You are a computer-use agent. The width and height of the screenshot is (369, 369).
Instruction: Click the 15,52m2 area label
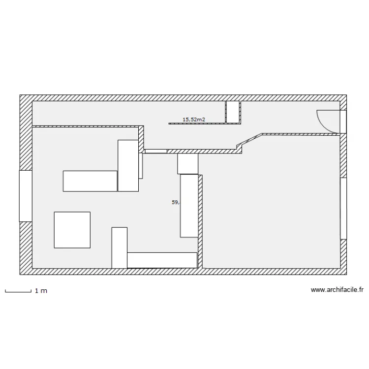(x=193, y=119)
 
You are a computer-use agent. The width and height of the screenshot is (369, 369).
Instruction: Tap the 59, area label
(x=175, y=202)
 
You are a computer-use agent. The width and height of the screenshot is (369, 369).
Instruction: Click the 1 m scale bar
(x=18, y=291)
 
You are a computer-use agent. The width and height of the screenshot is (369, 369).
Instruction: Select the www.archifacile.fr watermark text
(x=337, y=290)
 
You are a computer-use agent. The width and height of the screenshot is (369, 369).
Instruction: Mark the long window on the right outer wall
(x=343, y=208)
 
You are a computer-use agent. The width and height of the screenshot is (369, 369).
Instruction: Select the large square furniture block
(x=72, y=230)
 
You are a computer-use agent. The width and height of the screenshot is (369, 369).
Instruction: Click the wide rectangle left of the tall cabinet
(x=90, y=181)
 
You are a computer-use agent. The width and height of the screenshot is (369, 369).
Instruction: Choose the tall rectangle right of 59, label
(x=189, y=206)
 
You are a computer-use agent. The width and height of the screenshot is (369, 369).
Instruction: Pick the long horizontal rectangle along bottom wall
(x=162, y=260)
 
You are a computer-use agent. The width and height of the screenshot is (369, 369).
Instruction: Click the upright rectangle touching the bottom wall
(x=119, y=247)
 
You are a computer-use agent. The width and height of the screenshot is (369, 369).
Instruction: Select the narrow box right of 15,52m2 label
(x=232, y=112)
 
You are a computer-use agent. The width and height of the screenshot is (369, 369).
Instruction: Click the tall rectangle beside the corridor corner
(x=128, y=165)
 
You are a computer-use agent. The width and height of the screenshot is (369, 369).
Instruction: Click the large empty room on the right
(x=271, y=207)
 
